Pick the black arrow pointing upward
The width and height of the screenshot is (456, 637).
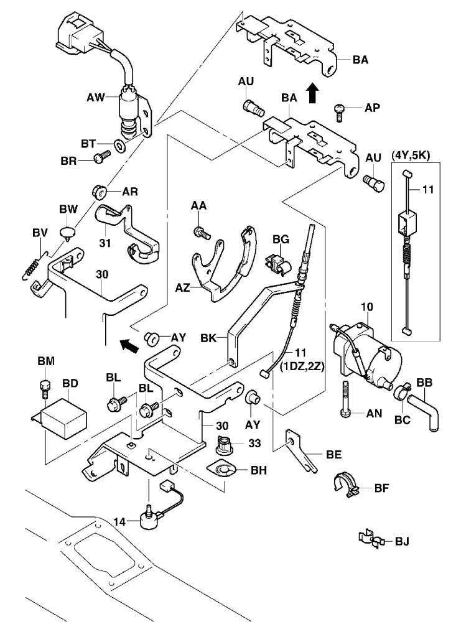point(312,93)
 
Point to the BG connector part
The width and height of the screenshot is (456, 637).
point(275,262)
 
